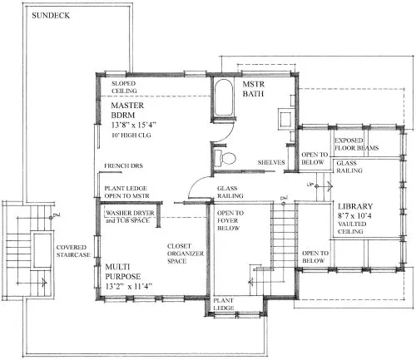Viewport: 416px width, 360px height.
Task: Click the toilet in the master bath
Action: click(x=223, y=157)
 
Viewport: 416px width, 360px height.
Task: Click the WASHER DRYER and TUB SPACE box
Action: click(x=132, y=217)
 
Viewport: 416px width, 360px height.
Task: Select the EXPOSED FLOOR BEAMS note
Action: click(x=357, y=145)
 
